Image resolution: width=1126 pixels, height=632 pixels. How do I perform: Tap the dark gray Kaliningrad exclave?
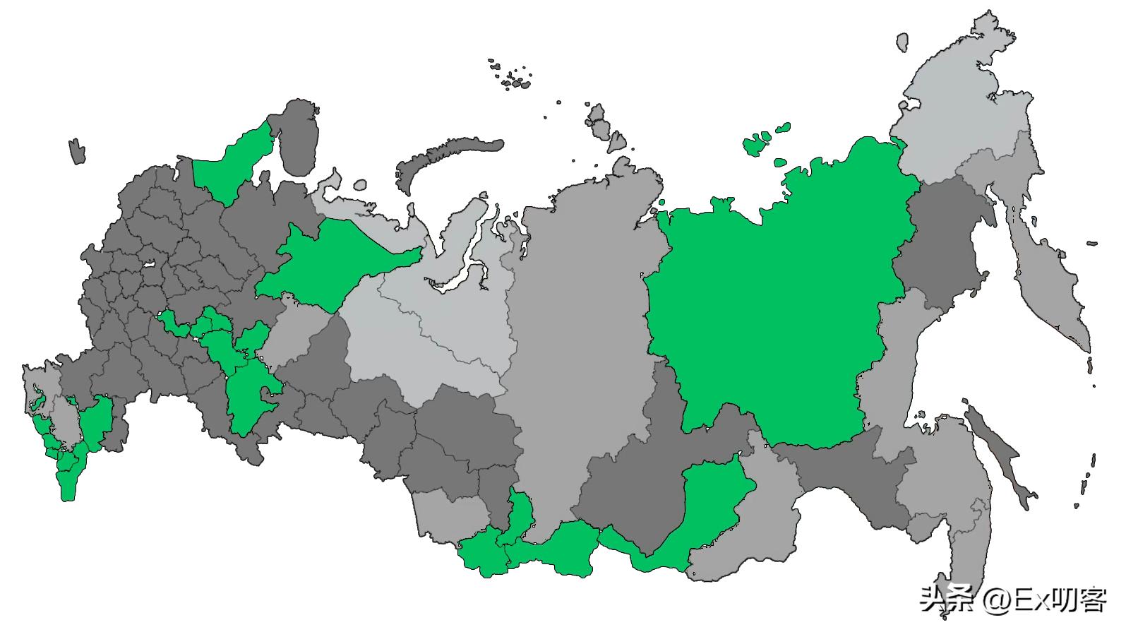[77, 152]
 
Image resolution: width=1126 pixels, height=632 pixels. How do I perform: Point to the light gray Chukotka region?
[960, 106]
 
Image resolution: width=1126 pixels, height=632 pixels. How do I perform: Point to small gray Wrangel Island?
[902, 42]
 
